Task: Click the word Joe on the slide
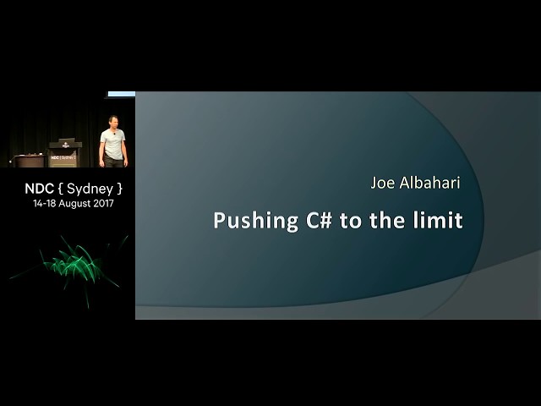coord(382,183)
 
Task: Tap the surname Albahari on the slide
coord(429,183)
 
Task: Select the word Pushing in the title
coord(256,222)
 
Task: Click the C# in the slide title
coord(319,220)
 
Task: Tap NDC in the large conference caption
coord(40,189)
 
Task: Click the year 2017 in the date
coord(103,203)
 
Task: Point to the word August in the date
coord(74,204)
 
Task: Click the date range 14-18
coord(45,203)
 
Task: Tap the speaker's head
coord(112,122)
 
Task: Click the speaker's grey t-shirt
coord(112,144)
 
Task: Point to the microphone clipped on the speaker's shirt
coord(114,134)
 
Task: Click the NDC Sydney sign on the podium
coord(63,157)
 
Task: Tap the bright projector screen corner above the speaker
coord(122,94)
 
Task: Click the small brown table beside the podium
coord(30,161)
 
